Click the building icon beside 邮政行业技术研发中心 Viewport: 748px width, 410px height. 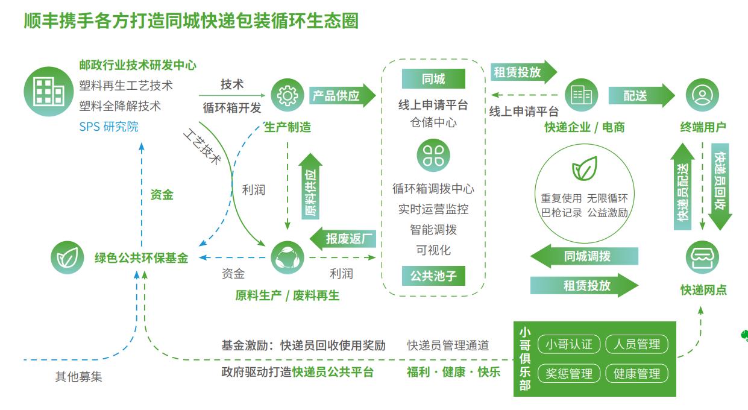point(48,91)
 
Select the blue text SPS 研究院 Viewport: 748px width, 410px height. point(108,127)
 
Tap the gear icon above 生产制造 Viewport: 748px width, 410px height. point(287,95)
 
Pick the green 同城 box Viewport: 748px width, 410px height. point(433,79)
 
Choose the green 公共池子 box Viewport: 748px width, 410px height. point(433,276)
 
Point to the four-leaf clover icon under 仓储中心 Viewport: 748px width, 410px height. point(433,154)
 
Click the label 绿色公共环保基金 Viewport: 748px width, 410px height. point(141,258)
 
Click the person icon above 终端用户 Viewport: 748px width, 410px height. point(702,95)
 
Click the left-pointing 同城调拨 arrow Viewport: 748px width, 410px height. point(583,256)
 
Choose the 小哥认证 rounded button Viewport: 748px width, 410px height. point(568,344)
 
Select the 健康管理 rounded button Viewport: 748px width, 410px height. point(636,373)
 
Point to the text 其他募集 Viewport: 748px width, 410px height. point(78,377)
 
